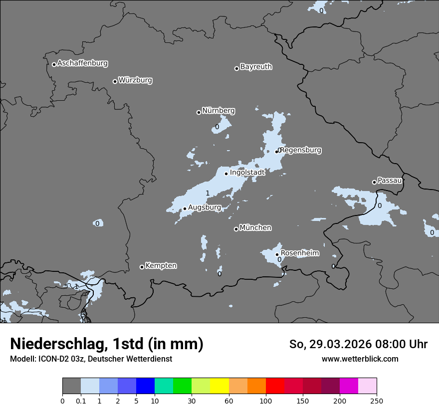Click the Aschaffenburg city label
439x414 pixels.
82,63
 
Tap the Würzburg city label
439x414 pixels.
135,80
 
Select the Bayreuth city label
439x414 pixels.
256,67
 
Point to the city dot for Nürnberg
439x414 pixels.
199,112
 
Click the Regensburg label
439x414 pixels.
301,150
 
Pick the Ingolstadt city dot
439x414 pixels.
226,174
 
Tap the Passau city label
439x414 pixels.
390,181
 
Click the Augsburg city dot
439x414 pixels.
185,208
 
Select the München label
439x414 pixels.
255,228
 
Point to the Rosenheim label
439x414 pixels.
299,253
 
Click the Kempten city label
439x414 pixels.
161,266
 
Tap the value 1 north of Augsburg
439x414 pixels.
208,193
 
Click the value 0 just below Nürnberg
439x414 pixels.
217,127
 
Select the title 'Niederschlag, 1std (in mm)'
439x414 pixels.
107,344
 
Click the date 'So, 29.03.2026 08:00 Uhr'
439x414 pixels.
358,344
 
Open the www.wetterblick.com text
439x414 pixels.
360,359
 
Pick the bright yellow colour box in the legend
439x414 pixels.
219,386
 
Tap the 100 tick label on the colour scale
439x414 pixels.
265,401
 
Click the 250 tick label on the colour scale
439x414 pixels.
376,401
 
